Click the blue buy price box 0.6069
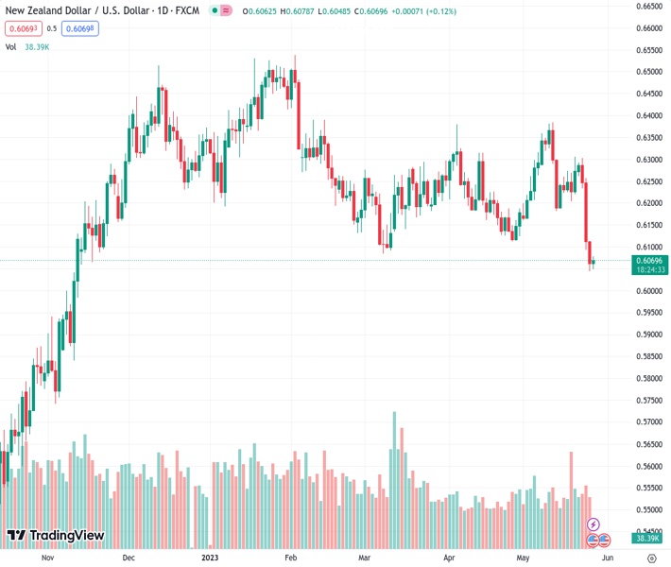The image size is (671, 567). coord(80,28)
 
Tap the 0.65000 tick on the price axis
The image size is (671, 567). coord(648,72)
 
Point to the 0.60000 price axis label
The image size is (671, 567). coord(648,291)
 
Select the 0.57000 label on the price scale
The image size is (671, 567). coord(648,422)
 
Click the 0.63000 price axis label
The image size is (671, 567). coord(648,160)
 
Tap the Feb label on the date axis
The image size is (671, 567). coord(291,558)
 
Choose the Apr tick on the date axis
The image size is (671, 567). coord(449,558)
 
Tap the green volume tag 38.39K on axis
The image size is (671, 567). coord(647,538)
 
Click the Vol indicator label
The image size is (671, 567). coord(11,46)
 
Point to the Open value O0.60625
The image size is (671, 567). coord(260,11)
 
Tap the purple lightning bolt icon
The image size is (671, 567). coord(594,524)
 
